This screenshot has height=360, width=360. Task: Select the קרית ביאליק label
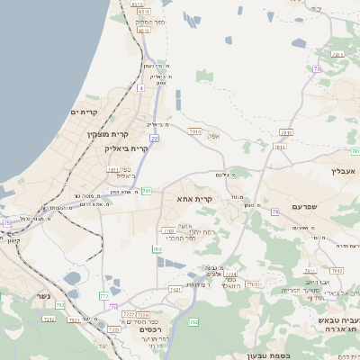pyautogui.click(x=125, y=148)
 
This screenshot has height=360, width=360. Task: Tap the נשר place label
pyautogui.click(x=42, y=296)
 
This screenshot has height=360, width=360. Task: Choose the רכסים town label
pyautogui.click(x=150, y=330)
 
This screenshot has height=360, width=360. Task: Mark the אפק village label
pyautogui.click(x=213, y=136)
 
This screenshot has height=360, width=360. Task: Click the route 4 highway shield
pyautogui.click(x=140, y=88)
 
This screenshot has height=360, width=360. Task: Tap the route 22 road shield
pyautogui.click(x=155, y=139)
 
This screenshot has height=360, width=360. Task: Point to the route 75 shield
pyautogui.click(x=6, y=222)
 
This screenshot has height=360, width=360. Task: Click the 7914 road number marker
pyautogui.click(x=195, y=131)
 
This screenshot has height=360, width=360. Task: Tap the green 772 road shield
pyautogui.click(x=103, y=294)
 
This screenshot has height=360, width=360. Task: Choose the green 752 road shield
pyautogui.click(x=60, y=306)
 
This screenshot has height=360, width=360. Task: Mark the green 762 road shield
pyautogui.click(x=193, y=321)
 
